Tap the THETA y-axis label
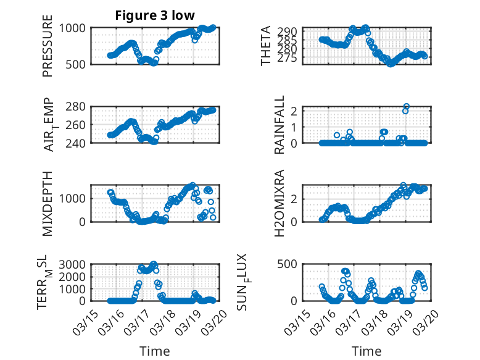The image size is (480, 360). pyautogui.click(x=266, y=46)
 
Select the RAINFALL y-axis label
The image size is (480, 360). pyautogui.click(x=279, y=125)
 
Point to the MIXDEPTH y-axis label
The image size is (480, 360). pyautogui.click(x=48, y=203)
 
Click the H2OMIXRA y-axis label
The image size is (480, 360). pyautogui.click(x=279, y=203)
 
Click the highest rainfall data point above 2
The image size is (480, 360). pyautogui.click(x=406, y=106)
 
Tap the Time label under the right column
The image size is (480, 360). pyautogui.click(x=366, y=351)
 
